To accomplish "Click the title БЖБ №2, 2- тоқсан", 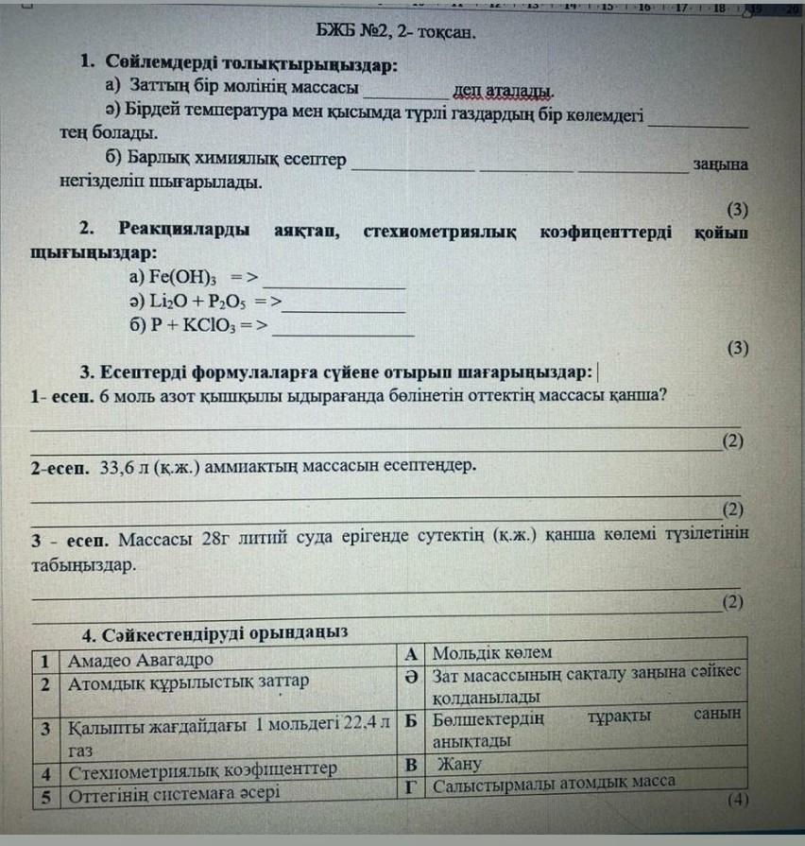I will [396, 35].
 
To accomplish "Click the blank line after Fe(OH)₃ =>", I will [334, 284].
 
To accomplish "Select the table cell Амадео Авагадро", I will [140, 659].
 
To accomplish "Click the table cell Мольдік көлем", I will [492, 652].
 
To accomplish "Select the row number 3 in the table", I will [46, 729].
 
